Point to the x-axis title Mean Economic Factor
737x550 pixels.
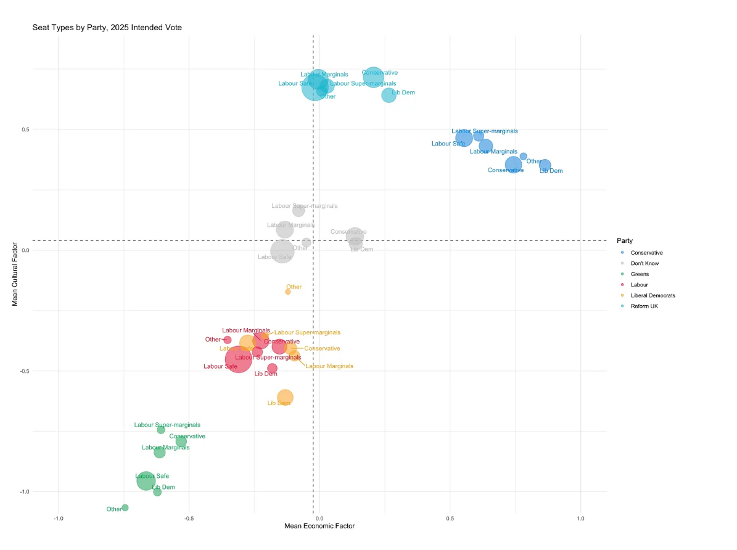coord(319,527)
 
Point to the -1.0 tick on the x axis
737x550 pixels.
coord(59,519)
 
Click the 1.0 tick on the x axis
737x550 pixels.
coord(580,519)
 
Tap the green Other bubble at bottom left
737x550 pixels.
coord(125,507)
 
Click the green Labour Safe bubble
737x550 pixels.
coord(146,480)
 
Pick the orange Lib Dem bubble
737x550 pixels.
coord(285,397)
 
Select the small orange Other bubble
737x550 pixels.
coord(288,292)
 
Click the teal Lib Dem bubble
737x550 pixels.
coord(389,95)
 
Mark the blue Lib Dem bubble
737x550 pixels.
coord(545,165)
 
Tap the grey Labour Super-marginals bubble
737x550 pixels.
coord(299,211)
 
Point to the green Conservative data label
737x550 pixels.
coord(187,437)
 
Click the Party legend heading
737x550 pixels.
coord(624,240)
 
